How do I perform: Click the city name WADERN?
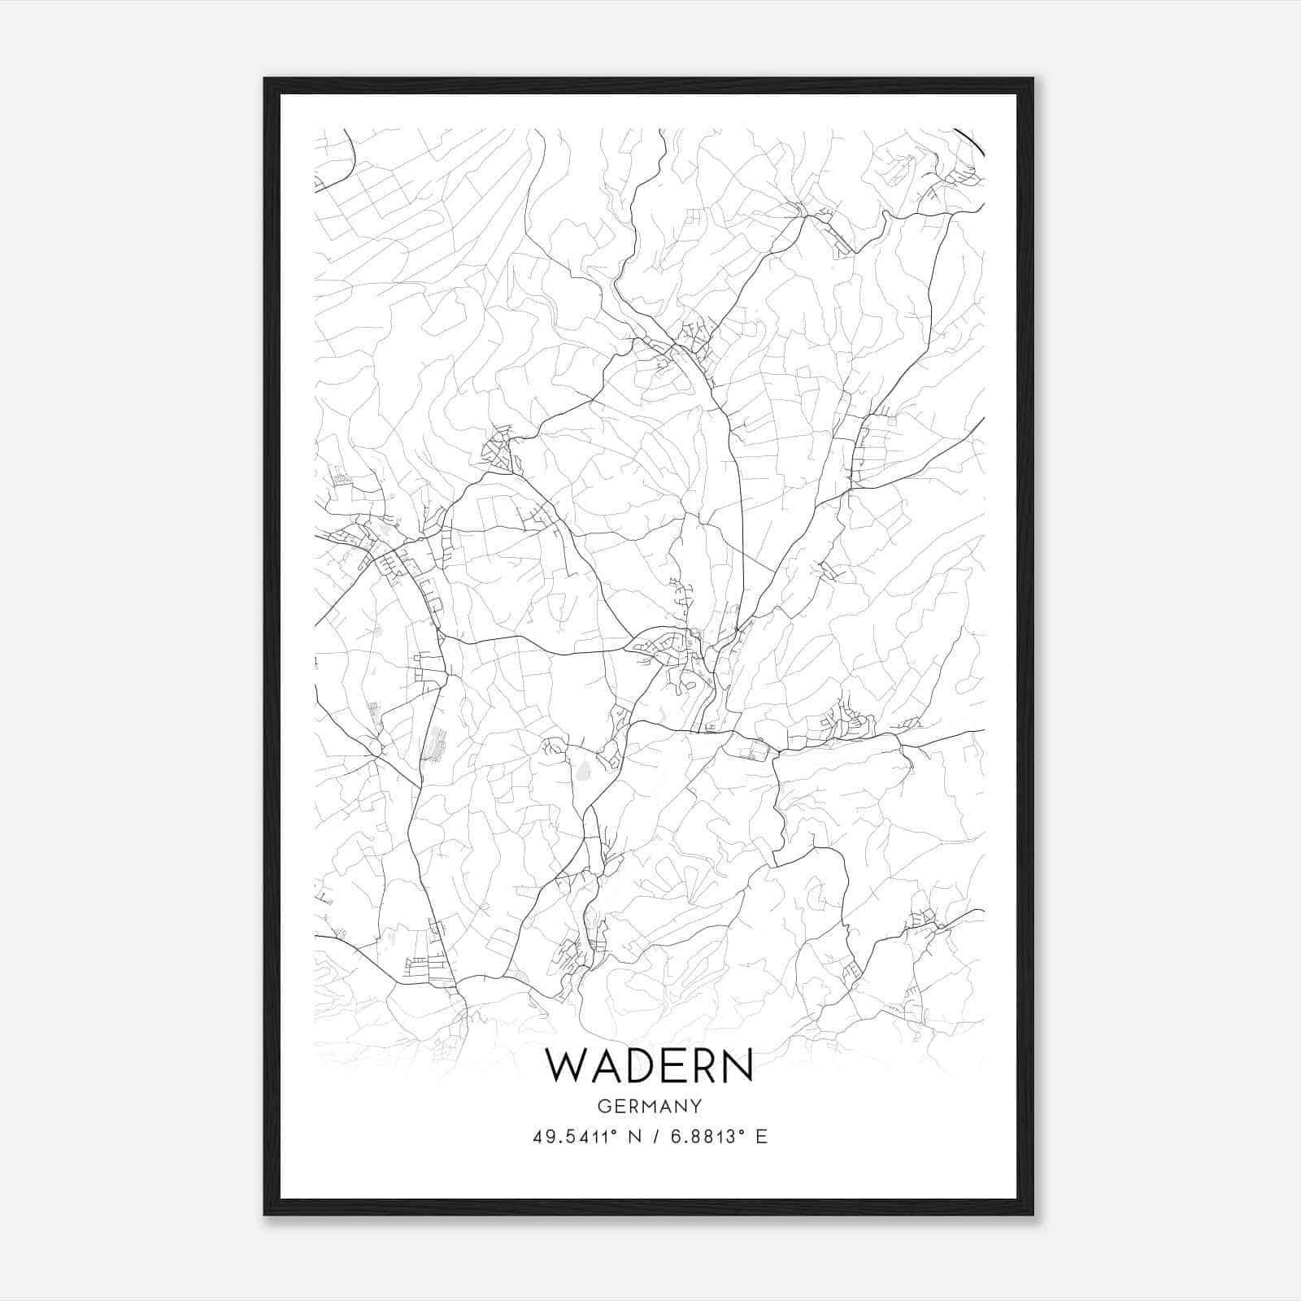point(649,1065)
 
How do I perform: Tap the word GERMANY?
point(649,1106)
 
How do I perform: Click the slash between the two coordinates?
point(655,1137)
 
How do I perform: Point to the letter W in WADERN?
point(564,1065)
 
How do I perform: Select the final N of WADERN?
point(738,1065)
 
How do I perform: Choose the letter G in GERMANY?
point(603,1106)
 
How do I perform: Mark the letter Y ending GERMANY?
point(696,1106)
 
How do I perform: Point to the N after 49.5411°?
point(635,1137)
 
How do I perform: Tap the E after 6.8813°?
point(762,1137)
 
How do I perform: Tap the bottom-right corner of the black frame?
point(1033,1215)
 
